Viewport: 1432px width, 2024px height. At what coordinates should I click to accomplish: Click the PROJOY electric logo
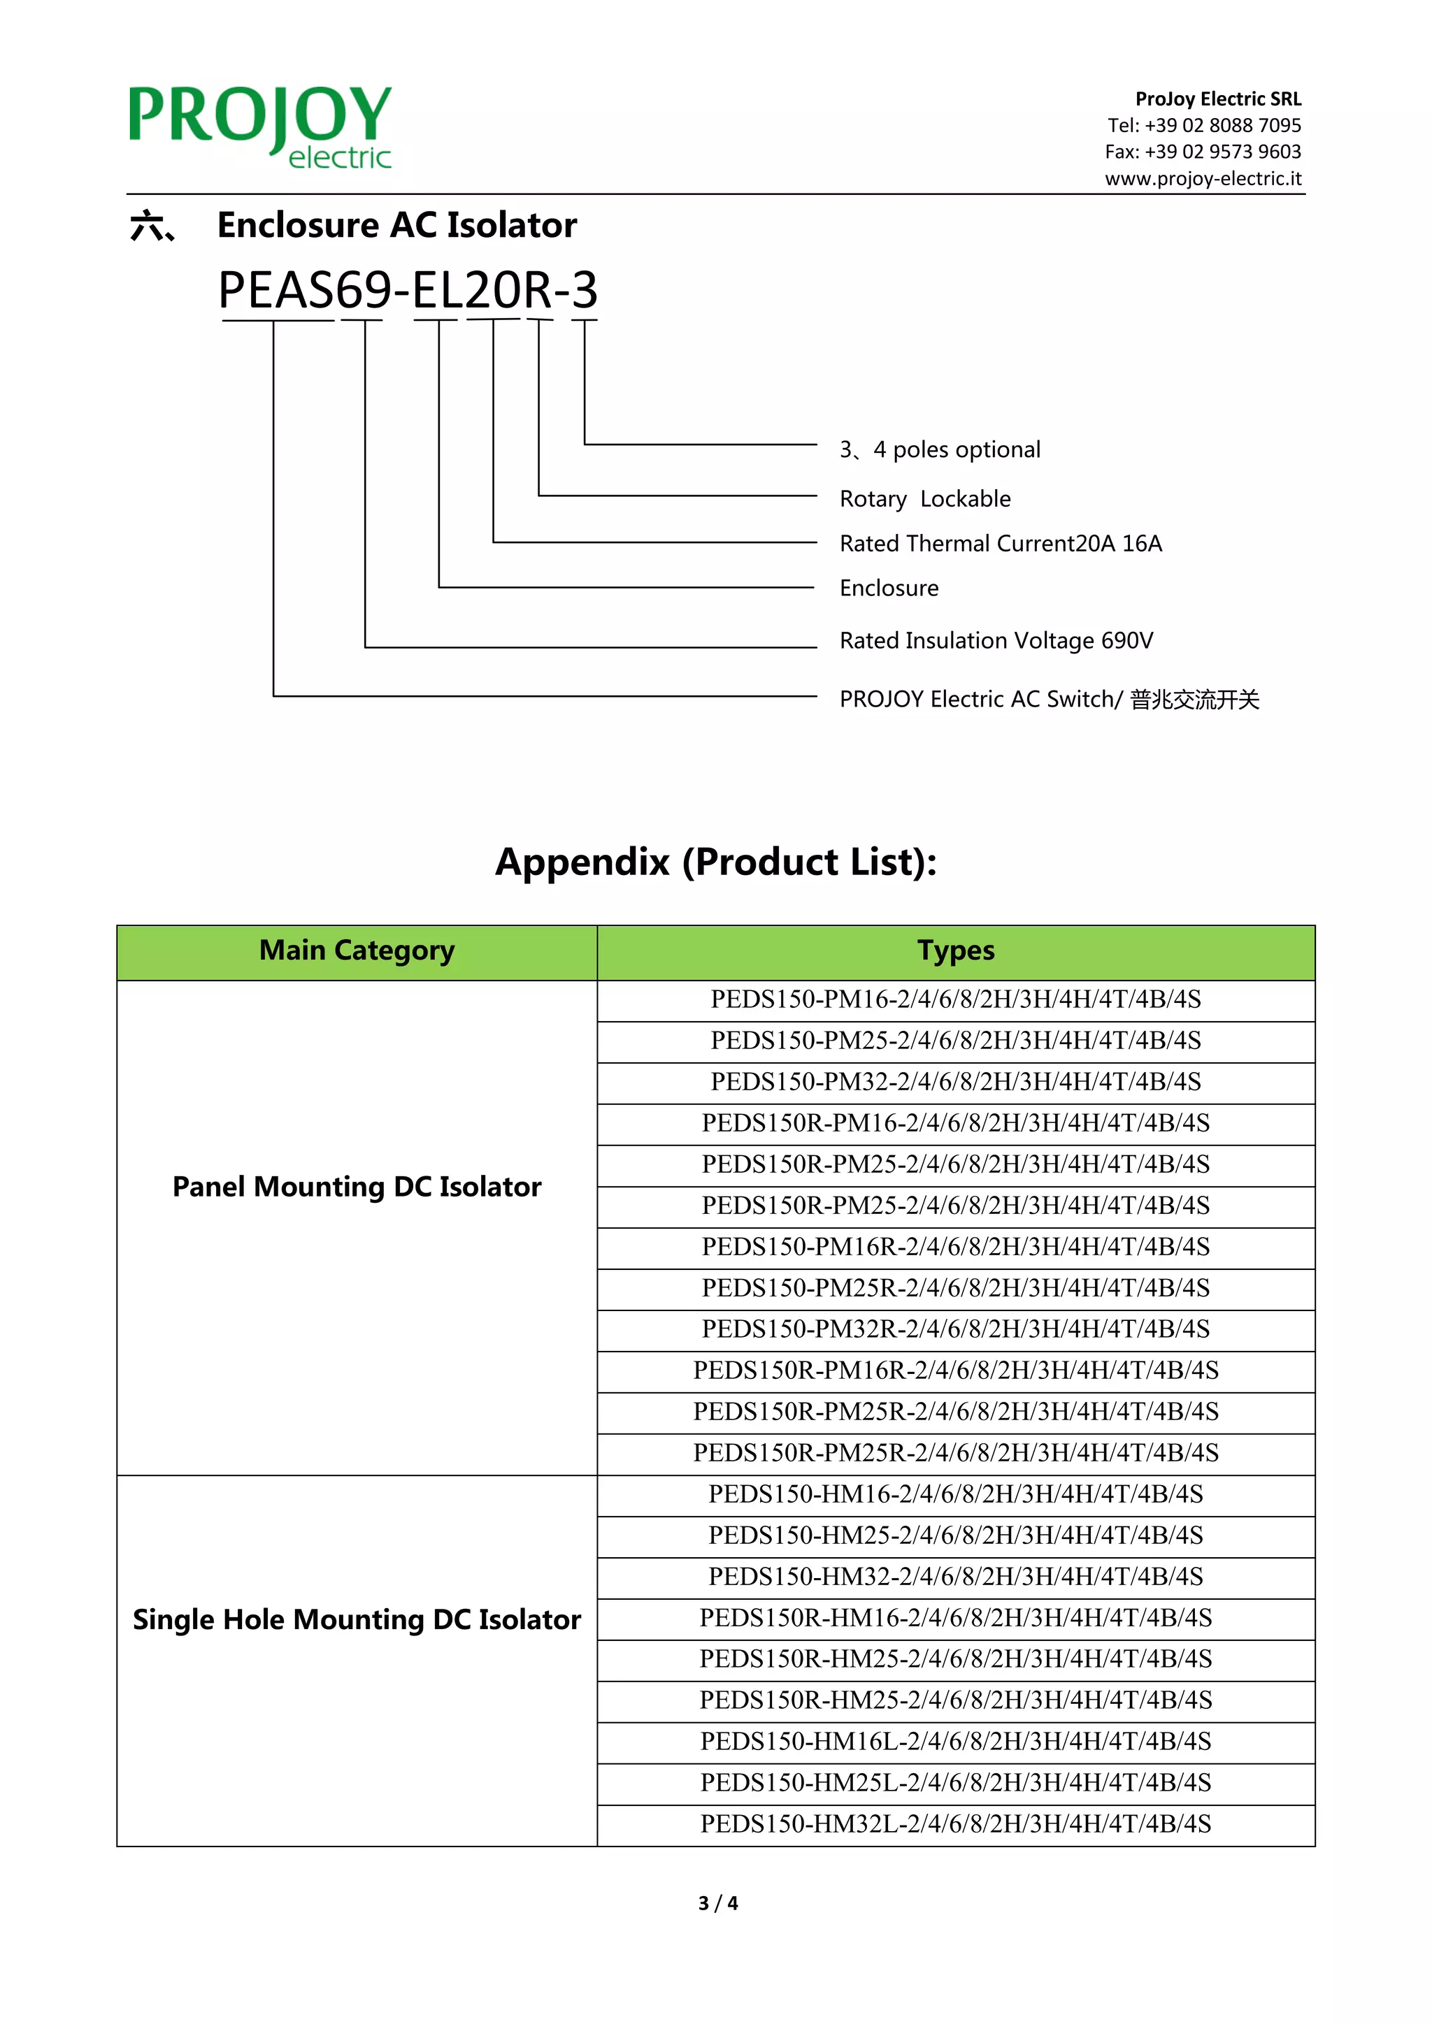(260, 126)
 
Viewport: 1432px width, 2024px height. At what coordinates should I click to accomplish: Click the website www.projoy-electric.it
(1203, 178)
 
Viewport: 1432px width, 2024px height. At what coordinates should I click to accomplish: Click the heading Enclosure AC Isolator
(396, 226)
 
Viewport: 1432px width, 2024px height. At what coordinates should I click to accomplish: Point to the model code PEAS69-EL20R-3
(408, 290)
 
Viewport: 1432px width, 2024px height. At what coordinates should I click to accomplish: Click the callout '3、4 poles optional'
(939, 449)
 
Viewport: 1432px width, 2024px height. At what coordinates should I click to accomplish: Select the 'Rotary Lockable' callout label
(925, 499)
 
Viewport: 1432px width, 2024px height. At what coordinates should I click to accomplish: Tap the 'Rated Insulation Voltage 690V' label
(996, 640)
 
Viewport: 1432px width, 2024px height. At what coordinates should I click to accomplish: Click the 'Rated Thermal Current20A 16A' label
(1000, 543)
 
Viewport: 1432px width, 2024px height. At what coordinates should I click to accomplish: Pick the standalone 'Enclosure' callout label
(889, 588)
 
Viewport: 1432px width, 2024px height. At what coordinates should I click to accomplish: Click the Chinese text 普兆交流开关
(1195, 699)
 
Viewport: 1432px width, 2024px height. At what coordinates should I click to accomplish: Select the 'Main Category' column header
(357, 950)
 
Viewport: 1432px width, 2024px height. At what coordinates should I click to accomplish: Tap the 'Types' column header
(955, 950)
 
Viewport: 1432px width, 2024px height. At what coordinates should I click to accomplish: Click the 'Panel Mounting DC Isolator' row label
(357, 1187)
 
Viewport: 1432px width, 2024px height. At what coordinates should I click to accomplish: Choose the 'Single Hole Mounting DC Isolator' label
(357, 1619)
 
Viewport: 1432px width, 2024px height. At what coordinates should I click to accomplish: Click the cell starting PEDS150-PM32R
(955, 1329)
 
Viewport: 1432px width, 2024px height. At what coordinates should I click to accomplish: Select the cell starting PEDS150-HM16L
(955, 1741)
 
